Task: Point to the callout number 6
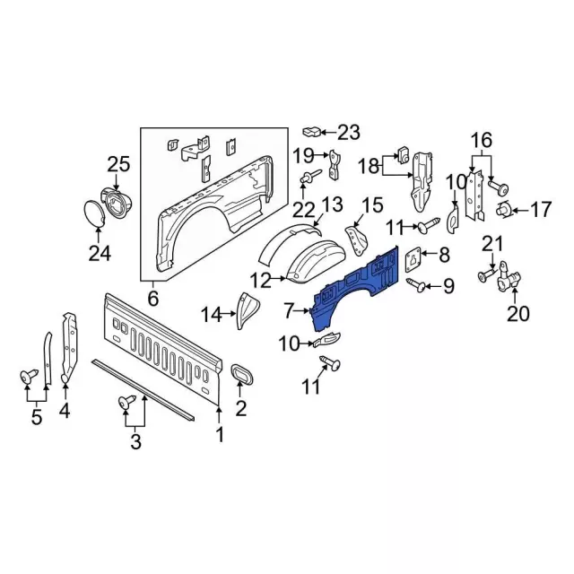coord(152,298)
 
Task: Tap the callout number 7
coord(288,311)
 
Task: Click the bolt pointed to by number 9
coord(417,284)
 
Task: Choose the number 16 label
coord(482,139)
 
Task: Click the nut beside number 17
coord(505,211)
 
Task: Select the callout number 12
coord(260,281)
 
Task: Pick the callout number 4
coord(65,412)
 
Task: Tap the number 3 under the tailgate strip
coord(134,440)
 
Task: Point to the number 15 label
coord(371,204)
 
